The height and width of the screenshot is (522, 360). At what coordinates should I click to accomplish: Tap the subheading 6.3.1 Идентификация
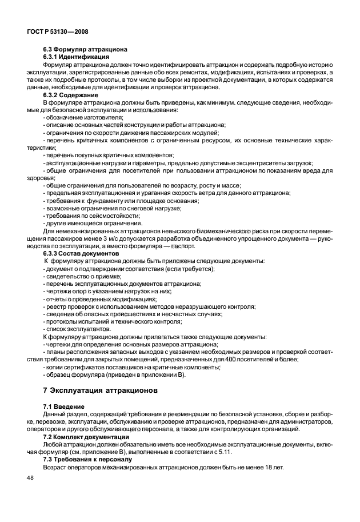75,57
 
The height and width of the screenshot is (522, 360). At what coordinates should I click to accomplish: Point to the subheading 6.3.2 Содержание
71,94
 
